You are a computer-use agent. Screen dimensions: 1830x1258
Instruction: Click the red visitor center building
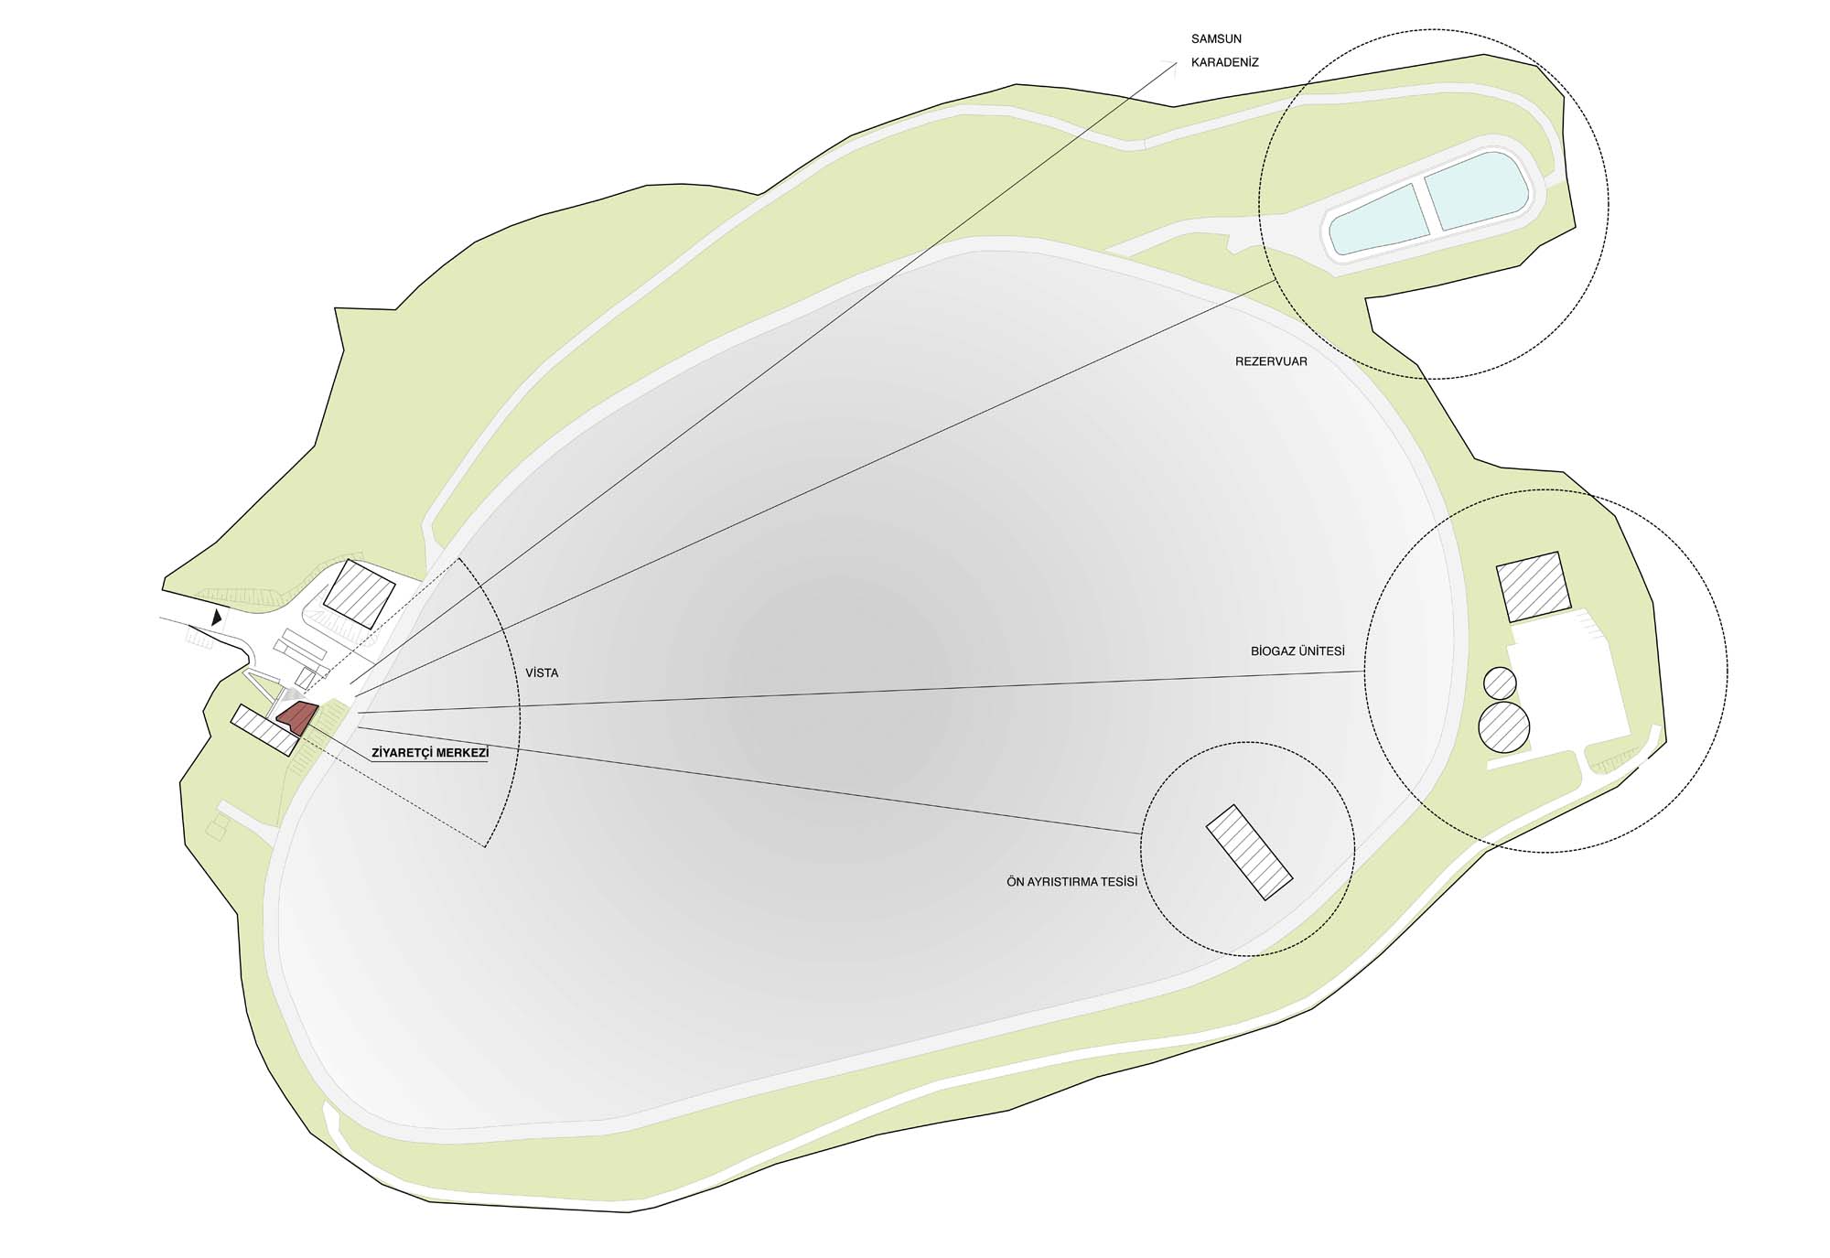point(297,718)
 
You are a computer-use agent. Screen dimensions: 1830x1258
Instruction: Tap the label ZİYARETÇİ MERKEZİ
point(430,753)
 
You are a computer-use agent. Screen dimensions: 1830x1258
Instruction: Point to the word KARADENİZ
point(1225,63)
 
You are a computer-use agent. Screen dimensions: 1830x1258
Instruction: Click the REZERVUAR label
point(1271,361)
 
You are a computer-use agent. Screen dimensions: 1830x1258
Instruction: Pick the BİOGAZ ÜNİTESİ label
point(1297,651)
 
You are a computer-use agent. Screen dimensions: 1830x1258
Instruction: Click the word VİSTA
point(542,672)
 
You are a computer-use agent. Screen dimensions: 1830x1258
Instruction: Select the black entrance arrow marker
point(217,618)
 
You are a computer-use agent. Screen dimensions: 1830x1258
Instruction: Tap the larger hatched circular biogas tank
point(1503,727)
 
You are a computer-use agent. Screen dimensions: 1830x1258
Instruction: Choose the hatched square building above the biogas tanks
point(1534,588)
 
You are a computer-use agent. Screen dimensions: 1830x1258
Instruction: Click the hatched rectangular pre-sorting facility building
point(1250,853)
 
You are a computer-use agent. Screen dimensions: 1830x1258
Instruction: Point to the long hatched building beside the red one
point(264,730)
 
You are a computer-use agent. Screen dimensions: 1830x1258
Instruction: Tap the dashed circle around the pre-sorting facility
point(1140,848)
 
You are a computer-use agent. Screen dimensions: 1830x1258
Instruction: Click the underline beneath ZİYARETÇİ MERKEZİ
point(430,762)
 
